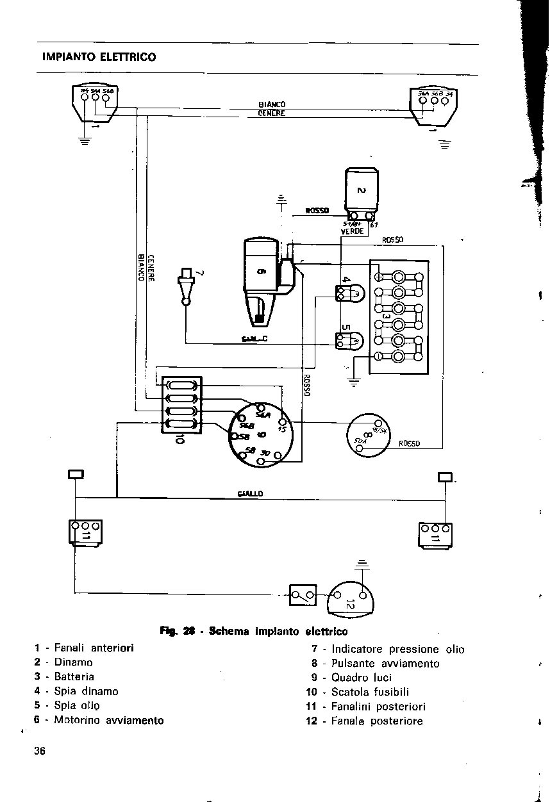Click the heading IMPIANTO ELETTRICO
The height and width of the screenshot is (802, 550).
tap(99, 57)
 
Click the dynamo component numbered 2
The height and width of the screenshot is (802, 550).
tap(362, 190)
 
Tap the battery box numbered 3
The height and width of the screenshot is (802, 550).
tap(399, 316)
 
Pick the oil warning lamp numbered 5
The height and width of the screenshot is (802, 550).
tap(349, 340)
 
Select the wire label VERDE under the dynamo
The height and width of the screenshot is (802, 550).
tap(352, 231)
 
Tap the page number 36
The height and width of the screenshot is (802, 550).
tap(41, 751)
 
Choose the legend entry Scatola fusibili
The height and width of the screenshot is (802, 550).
tap(370, 692)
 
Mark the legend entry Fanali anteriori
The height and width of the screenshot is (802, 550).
tap(94, 648)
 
